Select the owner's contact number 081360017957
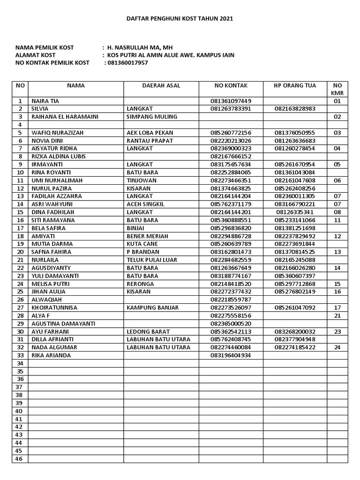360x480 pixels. [x=127, y=63]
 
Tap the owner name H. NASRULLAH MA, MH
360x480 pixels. [x=134, y=47]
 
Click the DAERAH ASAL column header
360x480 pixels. [x=161, y=86]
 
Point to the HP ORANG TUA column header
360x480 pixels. [x=295, y=86]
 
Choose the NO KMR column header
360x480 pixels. [x=337, y=89]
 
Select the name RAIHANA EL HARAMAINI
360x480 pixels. [x=65, y=117]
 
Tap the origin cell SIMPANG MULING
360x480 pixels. [x=152, y=117]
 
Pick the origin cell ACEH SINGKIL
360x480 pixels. [x=146, y=204]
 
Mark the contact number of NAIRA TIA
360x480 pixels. [x=231, y=101]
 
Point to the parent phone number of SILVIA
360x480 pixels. [x=295, y=109]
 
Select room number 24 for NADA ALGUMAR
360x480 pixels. [x=337, y=347]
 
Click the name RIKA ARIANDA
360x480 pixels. [x=51, y=355]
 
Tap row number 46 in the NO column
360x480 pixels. [x=20, y=459]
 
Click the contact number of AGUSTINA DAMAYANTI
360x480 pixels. [x=231, y=323]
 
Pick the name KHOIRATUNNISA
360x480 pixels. [x=54, y=308]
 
